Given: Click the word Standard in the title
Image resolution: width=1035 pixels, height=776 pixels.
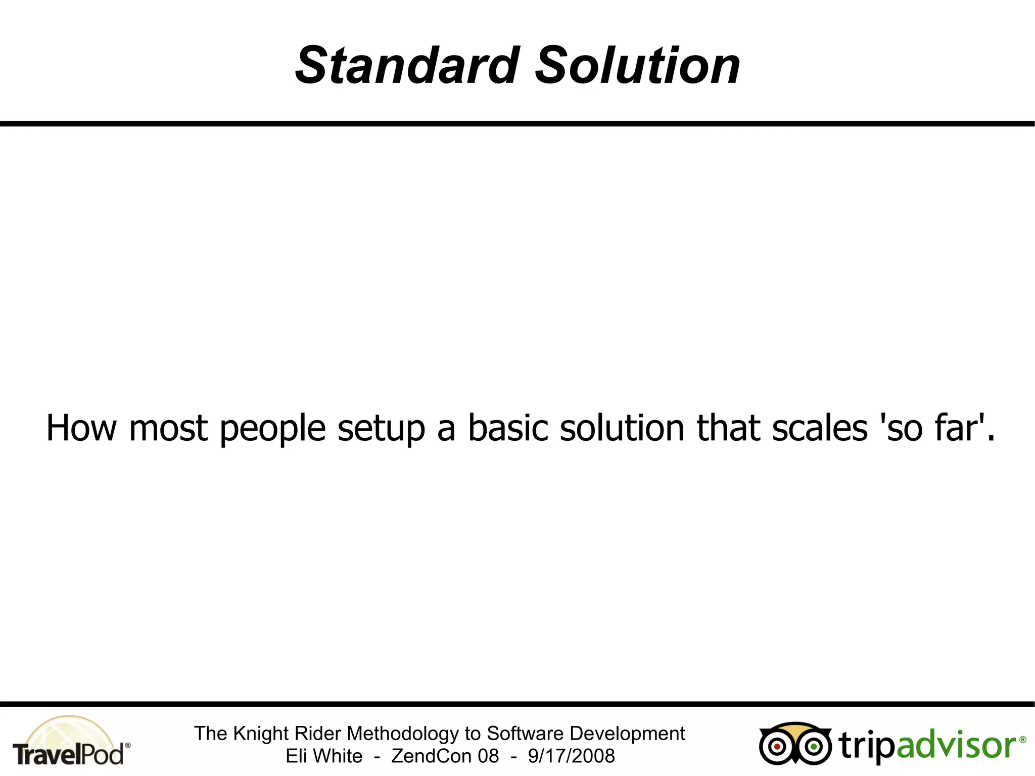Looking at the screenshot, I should (x=407, y=66).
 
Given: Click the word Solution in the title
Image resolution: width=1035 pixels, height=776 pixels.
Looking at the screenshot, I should (x=637, y=66).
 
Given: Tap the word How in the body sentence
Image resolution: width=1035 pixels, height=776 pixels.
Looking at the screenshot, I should (x=81, y=428).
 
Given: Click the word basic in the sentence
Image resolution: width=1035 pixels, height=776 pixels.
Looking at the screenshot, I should (x=508, y=428).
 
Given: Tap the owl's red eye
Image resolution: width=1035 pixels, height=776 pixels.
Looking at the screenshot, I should (x=777, y=747).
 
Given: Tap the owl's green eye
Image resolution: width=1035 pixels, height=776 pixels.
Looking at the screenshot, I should (x=814, y=747).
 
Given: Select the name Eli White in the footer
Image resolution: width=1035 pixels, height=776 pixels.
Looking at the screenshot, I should (x=324, y=756).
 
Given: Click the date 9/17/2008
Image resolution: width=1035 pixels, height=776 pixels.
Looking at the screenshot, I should (x=571, y=756).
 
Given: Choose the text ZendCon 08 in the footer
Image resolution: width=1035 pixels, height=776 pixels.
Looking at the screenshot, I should (x=445, y=756).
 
